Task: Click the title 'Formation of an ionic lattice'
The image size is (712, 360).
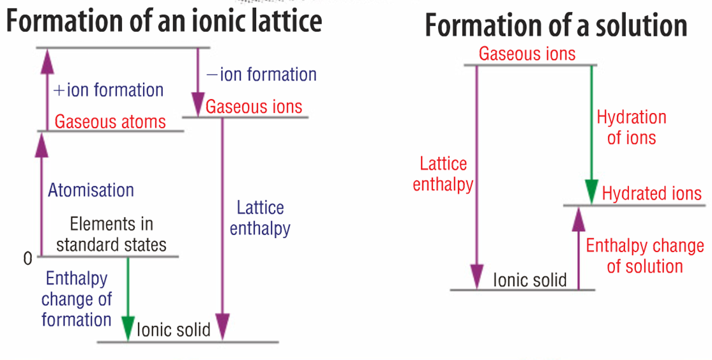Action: tap(163, 21)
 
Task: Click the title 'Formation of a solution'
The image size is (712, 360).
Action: tap(556, 26)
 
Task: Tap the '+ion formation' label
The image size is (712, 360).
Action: tap(109, 90)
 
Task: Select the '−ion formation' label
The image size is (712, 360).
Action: tap(261, 75)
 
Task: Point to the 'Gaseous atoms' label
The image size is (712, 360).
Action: tap(110, 121)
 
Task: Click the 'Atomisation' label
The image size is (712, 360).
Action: tap(91, 190)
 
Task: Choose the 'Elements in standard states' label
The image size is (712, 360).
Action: tap(111, 234)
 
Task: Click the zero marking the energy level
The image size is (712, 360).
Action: tap(27, 259)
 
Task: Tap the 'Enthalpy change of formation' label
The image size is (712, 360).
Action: tap(77, 298)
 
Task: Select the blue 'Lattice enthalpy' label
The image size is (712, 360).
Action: tap(260, 218)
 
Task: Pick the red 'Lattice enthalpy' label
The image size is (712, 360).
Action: tap(443, 174)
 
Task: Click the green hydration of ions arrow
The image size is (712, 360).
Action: tap(591, 134)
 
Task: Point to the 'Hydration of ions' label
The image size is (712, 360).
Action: tap(631, 127)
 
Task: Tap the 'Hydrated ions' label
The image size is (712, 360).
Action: tap(652, 193)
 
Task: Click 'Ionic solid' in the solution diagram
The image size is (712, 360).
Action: tap(529, 280)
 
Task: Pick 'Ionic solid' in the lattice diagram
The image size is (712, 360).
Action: tap(173, 330)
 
